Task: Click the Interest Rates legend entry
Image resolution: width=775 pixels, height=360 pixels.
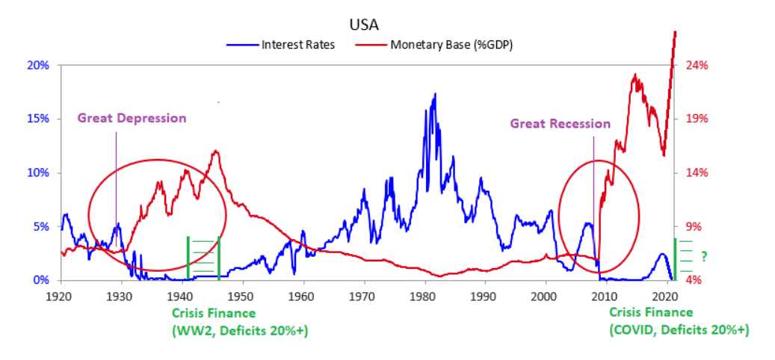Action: [297, 44]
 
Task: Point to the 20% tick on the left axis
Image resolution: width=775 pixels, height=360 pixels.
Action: [38, 65]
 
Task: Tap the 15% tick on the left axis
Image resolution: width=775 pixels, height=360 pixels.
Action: [38, 119]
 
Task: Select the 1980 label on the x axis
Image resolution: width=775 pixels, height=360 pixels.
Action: [424, 295]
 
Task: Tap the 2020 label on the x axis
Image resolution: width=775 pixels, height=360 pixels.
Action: [666, 295]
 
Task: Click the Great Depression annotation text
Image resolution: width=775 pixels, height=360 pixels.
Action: [132, 118]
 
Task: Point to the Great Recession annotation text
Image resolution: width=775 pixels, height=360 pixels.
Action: [560, 124]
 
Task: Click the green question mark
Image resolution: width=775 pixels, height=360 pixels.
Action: [703, 256]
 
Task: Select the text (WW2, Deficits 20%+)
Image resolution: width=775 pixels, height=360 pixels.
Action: [241, 329]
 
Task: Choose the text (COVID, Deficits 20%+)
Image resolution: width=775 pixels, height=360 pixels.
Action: [679, 329]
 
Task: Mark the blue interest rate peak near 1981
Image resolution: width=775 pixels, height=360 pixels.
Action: [435, 95]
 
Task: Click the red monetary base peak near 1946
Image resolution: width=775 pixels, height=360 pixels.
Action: [216, 152]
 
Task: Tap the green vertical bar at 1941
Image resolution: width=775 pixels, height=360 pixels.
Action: [188, 258]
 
